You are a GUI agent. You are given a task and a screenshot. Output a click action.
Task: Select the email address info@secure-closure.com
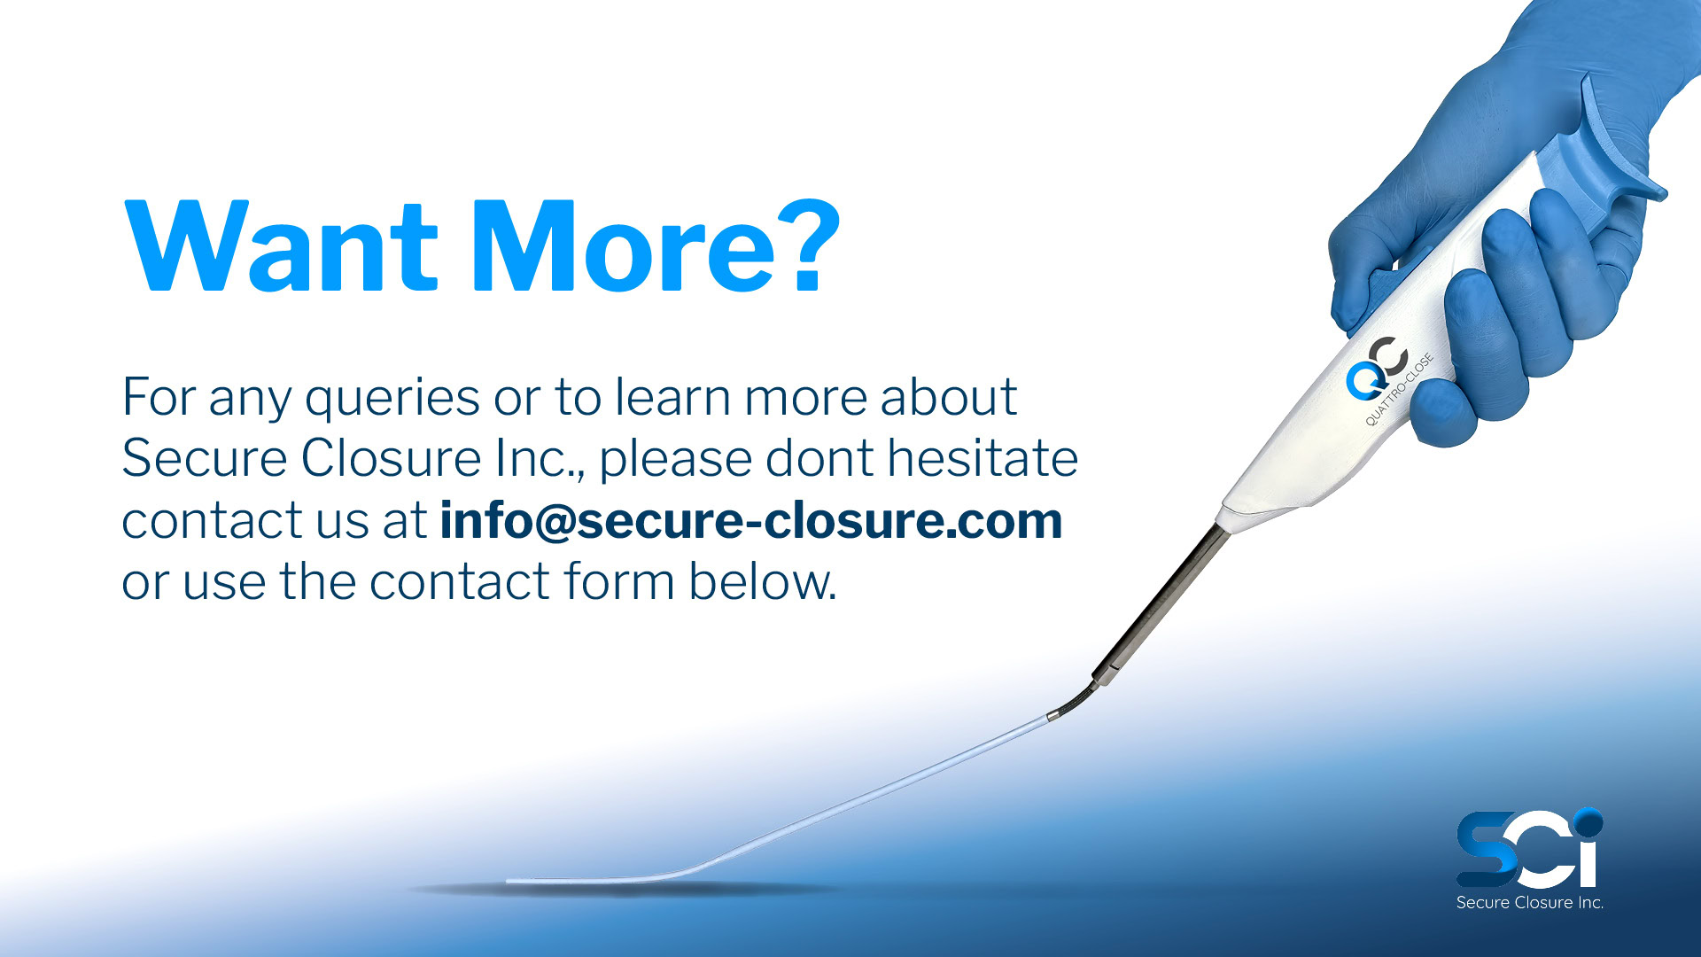pyautogui.click(x=751, y=520)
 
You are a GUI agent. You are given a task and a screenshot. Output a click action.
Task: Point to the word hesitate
pyautogui.click(x=983, y=458)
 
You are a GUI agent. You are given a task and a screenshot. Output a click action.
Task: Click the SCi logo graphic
pyautogui.click(x=1530, y=848)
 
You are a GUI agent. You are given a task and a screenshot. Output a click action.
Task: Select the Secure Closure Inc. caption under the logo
pyautogui.click(x=1530, y=903)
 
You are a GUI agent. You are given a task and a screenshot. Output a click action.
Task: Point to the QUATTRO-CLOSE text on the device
pyautogui.click(x=1399, y=390)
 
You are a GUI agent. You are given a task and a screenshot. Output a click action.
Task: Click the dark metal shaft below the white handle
pyautogui.click(x=1161, y=603)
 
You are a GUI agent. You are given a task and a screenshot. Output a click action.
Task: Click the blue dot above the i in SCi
pyautogui.click(x=1589, y=822)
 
